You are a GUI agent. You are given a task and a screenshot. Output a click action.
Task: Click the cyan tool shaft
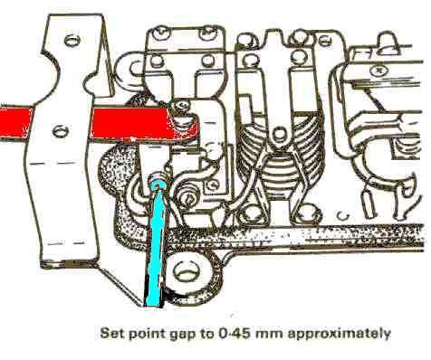(156, 247)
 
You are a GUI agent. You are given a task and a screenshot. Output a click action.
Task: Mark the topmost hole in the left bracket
(72, 40)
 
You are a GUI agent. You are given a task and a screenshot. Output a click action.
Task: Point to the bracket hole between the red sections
(61, 131)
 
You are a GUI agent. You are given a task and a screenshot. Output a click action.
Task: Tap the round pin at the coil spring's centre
(279, 133)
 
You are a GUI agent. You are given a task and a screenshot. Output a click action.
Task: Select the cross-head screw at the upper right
(378, 71)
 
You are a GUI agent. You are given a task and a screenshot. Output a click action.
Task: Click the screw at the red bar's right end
(181, 106)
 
